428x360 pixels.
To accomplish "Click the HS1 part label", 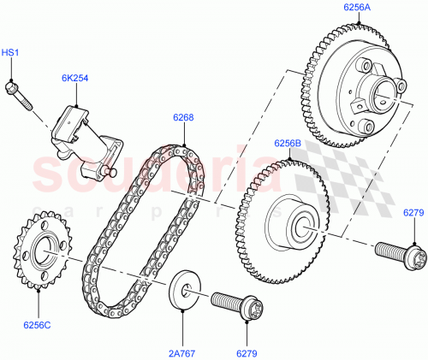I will tap(9, 53).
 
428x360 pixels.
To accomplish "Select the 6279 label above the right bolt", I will tap(413, 211).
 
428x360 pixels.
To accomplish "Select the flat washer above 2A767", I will tap(185, 288).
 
